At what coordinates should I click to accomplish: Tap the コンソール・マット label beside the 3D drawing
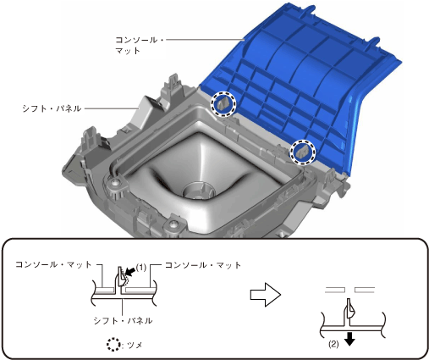[x=139, y=45]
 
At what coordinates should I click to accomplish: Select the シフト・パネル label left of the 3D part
[x=52, y=108]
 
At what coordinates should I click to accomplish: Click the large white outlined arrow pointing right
[x=266, y=295]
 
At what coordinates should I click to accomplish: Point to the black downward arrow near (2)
[x=349, y=339]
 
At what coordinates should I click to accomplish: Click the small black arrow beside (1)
[x=130, y=272]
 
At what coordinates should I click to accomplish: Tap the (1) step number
[x=141, y=268]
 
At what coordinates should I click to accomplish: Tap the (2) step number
[x=333, y=344]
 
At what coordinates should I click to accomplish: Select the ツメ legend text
[x=135, y=345]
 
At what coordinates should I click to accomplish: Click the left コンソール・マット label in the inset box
[x=53, y=264]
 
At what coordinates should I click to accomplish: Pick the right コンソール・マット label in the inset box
[x=203, y=265]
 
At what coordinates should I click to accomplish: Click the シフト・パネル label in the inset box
[x=123, y=321]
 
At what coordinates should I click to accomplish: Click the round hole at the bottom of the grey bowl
[x=199, y=191]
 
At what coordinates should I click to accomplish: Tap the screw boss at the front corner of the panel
[x=173, y=225]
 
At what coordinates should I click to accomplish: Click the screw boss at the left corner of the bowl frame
[x=114, y=184]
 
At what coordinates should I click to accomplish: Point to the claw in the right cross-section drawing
[x=349, y=309]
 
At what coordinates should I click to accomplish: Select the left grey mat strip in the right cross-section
[x=335, y=290]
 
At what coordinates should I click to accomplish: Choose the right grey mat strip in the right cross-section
[x=365, y=290]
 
